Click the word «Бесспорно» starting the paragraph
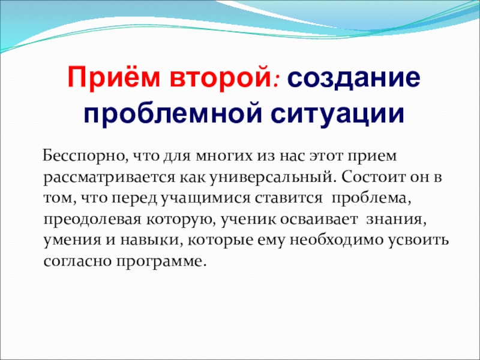(83, 156)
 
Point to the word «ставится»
(289, 199)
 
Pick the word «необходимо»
(337, 240)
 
